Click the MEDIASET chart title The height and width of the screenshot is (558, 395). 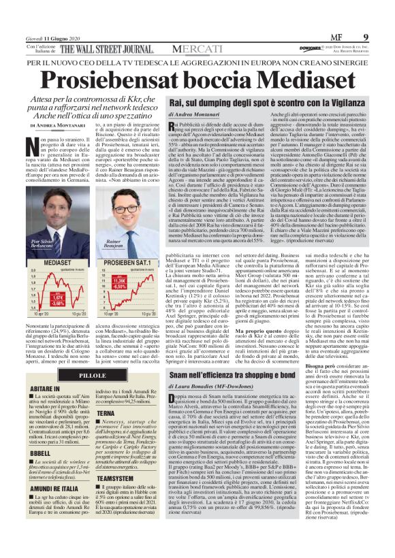pyautogui.click(x=48, y=262)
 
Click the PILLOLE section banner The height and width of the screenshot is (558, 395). pyautogui.click(x=93, y=376)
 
